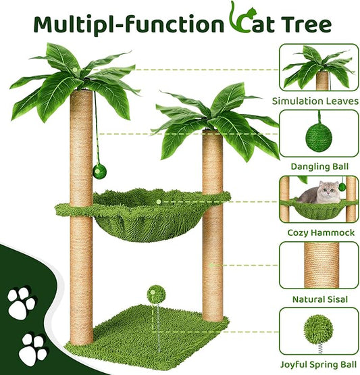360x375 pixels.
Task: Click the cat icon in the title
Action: pyautogui.click(x=237, y=20)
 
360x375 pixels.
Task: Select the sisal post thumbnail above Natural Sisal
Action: pyautogui.click(x=317, y=265)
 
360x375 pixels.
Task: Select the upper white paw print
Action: pyautogui.click(x=22, y=305)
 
